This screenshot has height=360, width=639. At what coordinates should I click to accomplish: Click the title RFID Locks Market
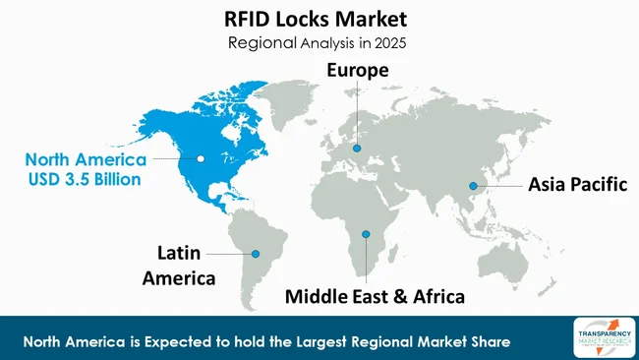click(x=318, y=19)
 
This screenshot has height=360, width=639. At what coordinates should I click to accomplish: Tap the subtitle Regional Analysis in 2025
click(x=318, y=42)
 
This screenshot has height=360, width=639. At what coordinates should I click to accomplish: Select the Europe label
click(x=358, y=71)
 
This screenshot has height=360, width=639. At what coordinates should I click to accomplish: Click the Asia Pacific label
click(x=577, y=184)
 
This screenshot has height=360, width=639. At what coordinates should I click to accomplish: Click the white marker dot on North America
click(x=201, y=157)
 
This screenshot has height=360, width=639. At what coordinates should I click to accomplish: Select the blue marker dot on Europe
click(x=357, y=149)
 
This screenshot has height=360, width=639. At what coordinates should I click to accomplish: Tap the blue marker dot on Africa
click(x=366, y=233)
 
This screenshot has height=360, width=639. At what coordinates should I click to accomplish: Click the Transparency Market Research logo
click(x=600, y=337)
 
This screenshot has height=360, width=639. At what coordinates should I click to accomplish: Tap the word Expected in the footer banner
click(x=172, y=341)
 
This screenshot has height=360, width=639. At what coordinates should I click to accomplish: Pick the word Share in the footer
click(x=487, y=341)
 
